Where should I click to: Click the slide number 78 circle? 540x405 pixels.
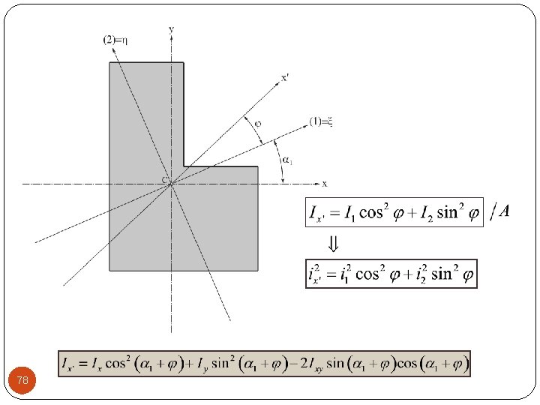coord(22,381)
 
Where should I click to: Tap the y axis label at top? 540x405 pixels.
coord(172,29)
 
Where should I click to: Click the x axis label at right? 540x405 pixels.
coord(325,183)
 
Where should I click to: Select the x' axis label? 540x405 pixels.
coord(285,76)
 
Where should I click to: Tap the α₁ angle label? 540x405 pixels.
coord(287,159)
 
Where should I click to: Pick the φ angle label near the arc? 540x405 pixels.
coord(258,123)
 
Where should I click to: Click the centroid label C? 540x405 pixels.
coord(163,181)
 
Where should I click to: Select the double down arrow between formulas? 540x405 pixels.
coord(333,244)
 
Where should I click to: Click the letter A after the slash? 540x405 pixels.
coord(505,211)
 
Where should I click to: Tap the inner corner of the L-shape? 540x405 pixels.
coord(184,166)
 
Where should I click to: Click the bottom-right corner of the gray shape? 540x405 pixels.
coord(257,270)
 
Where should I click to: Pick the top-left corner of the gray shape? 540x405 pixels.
coord(109,63)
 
